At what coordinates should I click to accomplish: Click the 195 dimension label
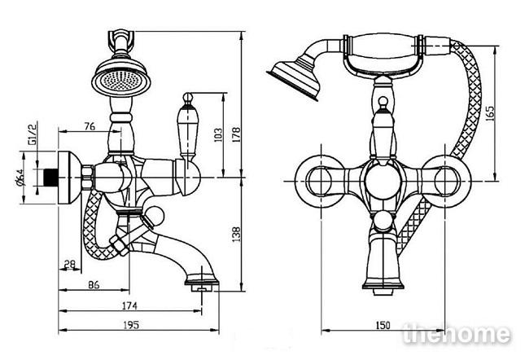pos(131,324)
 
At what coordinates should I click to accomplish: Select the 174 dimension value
pos(129,305)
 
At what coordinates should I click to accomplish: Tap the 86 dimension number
pos(94,285)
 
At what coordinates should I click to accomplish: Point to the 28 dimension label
pos(70,265)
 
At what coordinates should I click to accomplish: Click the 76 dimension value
pos(90,126)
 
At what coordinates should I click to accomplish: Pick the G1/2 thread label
pos(33,133)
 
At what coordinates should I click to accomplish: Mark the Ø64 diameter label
pos(20,178)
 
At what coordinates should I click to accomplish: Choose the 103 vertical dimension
pos(218,134)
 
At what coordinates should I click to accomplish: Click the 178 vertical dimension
pos(236,134)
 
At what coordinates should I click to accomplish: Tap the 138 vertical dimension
pos(236,235)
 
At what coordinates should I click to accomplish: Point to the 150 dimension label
pos(383,325)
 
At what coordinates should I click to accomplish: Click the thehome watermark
pos(457,334)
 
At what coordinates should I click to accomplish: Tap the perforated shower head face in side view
pos(121,80)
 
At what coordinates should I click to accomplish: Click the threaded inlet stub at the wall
pos(51,178)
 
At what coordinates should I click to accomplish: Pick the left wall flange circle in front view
pos(321,181)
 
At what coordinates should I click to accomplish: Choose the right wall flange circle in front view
pos(445,181)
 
